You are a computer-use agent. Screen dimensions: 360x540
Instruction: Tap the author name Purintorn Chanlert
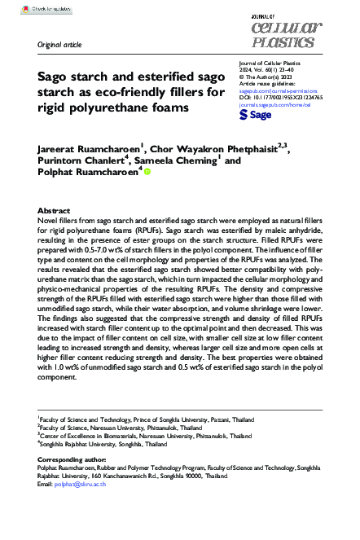click(86, 161)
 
